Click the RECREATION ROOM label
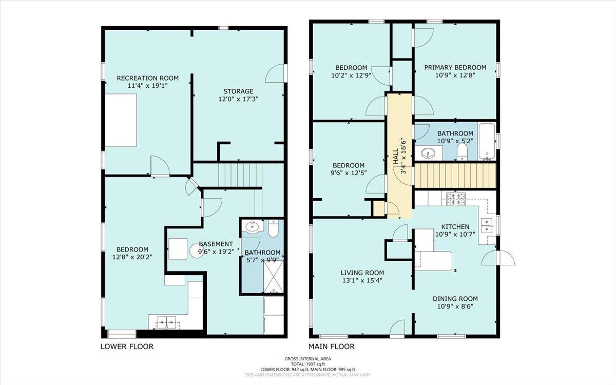click(x=148, y=78)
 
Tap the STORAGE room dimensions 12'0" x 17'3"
click(x=238, y=99)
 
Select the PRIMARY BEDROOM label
click(x=455, y=67)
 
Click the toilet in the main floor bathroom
click(x=462, y=151)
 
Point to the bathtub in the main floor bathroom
click(x=487, y=141)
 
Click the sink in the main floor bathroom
click(x=427, y=153)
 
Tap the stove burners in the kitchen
click(x=456, y=199)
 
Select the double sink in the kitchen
click(x=487, y=225)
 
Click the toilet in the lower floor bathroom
click(x=273, y=228)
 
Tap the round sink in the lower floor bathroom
click(x=252, y=226)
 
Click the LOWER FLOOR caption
click(x=127, y=346)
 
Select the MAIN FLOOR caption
click(x=332, y=346)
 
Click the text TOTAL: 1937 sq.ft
click(x=308, y=364)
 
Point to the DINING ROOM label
click(x=455, y=299)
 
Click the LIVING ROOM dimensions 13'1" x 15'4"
click(x=362, y=280)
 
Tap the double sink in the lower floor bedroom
click(x=167, y=322)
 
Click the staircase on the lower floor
click(x=240, y=175)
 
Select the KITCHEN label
click(x=455, y=227)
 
